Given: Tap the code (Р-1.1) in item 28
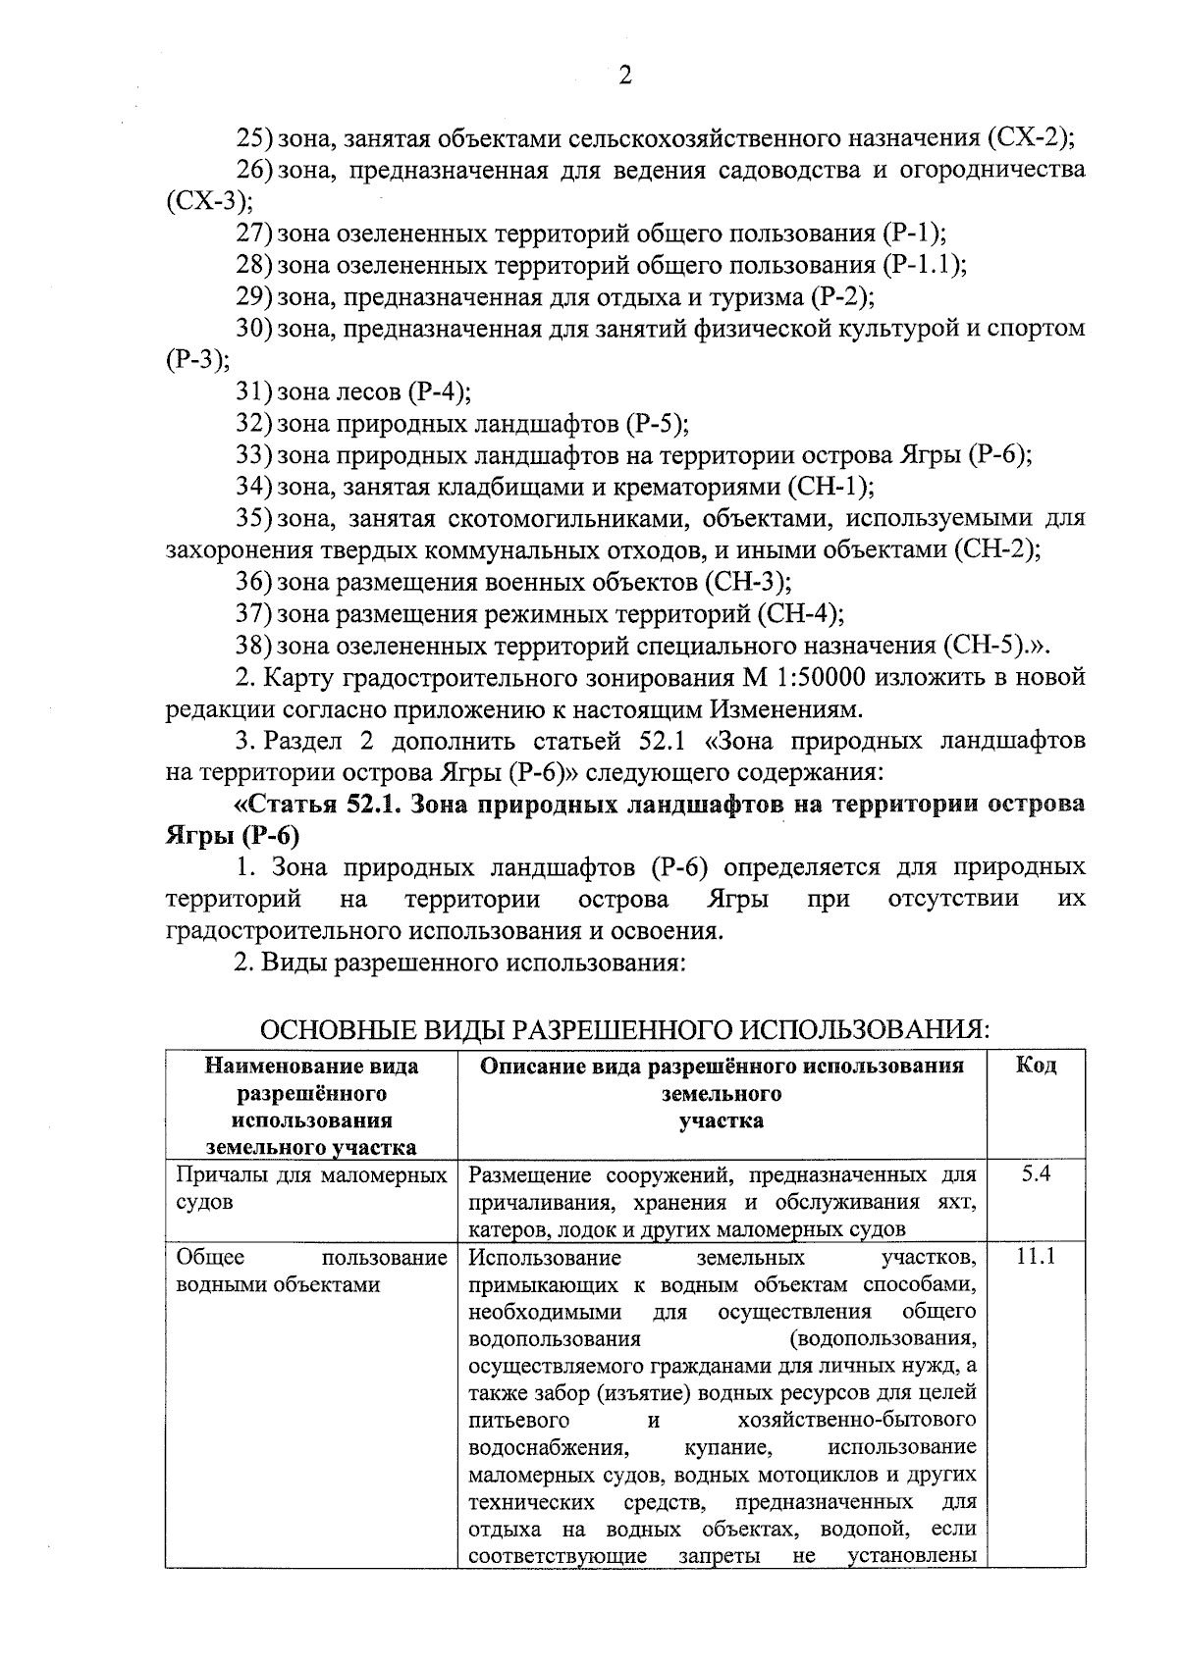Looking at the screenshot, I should pyautogui.click(x=922, y=266).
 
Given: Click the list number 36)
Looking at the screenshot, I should pyautogui.click(x=253, y=583).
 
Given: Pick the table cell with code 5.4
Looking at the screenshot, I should pyautogui.click(x=1035, y=1174).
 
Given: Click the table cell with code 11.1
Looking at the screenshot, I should pyautogui.click(x=1035, y=1257).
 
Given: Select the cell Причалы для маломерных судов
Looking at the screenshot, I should pyautogui.click(x=310, y=1187).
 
